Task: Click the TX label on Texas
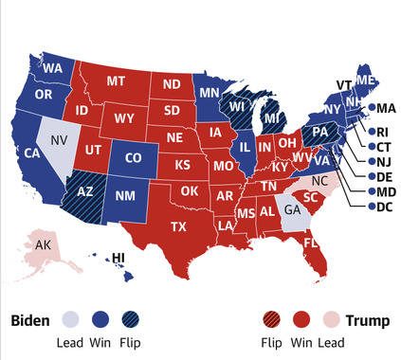pos(179,226)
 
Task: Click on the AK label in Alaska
pos(43,245)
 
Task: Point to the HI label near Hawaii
pos(119,258)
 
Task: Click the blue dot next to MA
pos(373,108)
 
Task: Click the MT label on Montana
pos(116,81)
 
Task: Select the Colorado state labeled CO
pos(133,156)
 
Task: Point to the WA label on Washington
pos(53,68)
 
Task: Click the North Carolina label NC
pos(320,180)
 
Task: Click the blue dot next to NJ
pos(363,163)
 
